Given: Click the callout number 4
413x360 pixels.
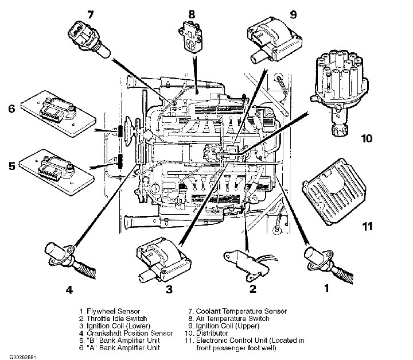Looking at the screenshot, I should click(69, 290).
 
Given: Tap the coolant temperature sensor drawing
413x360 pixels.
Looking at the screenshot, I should click(88, 37).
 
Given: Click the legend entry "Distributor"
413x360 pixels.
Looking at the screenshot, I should click(212, 333).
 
